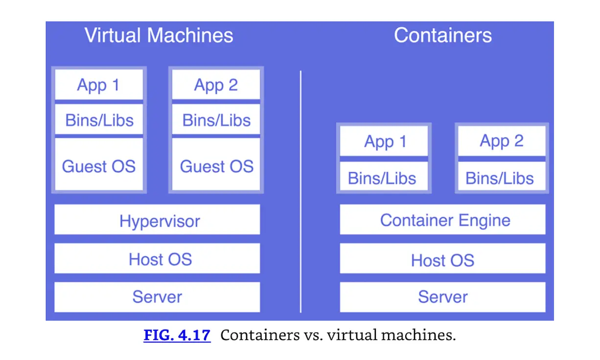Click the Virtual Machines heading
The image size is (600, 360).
tap(159, 36)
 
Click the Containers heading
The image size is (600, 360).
tap(442, 36)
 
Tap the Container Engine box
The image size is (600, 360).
tap(442, 220)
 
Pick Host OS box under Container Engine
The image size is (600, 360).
tap(442, 260)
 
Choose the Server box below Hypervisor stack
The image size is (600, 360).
tap(157, 297)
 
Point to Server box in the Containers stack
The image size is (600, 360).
tap(442, 297)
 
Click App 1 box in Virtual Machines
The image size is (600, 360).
tap(98, 85)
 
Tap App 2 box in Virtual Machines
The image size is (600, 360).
tap(216, 85)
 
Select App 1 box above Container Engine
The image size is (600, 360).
tap(384, 141)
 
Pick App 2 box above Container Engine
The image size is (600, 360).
tap(501, 141)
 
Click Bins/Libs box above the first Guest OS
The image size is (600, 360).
tap(98, 120)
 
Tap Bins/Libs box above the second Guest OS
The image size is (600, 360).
tap(216, 120)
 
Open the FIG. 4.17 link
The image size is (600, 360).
tap(177, 336)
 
